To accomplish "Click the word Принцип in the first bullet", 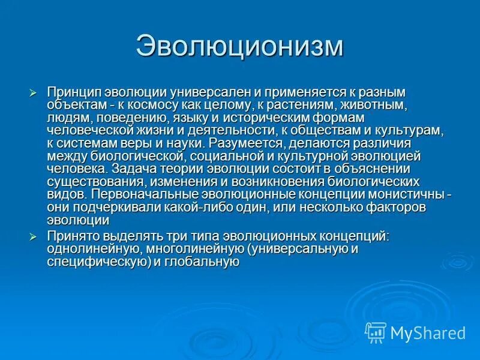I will [x=74, y=92].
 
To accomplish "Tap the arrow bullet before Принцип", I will [x=34, y=92].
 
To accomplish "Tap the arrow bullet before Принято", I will [x=34, y=237].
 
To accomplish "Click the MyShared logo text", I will [x=428, y=332].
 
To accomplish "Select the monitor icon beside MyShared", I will [x=376, y=332].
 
